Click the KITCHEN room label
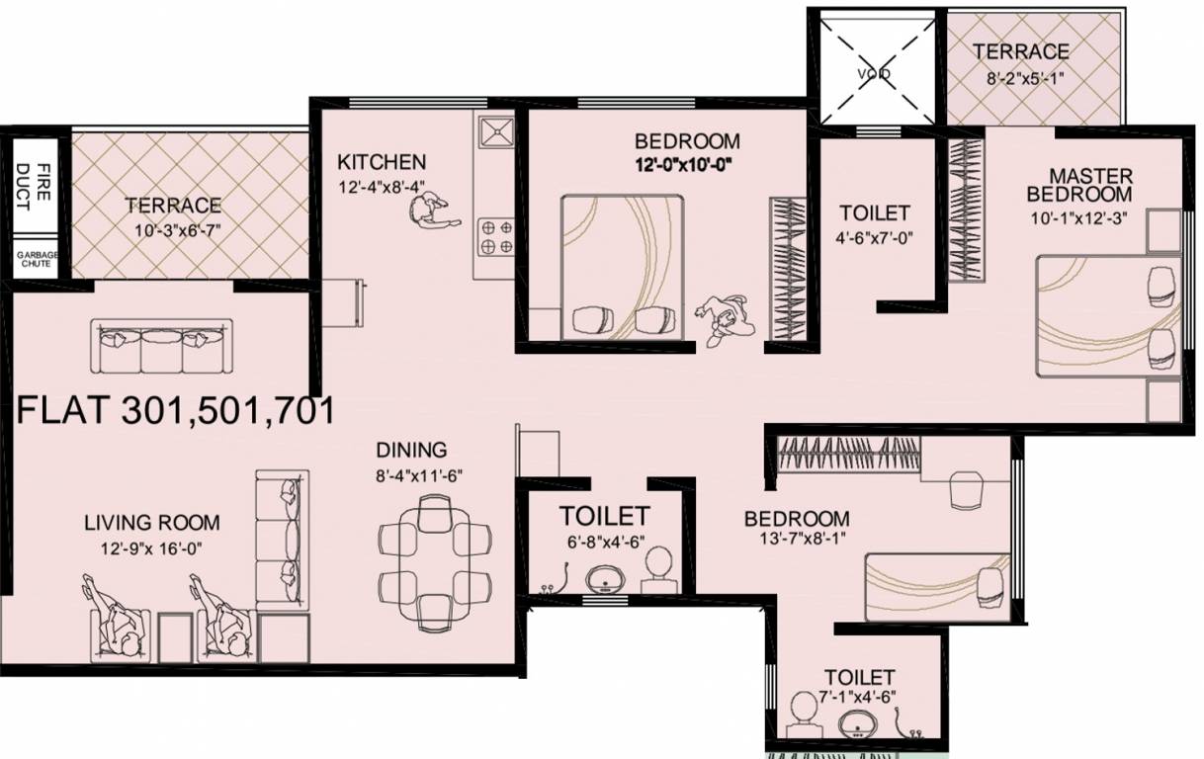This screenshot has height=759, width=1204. click(x=382, y=162)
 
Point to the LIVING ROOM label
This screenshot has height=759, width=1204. click(x=151, y=522)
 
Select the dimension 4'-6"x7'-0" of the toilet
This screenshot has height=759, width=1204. click(x=874, y=238)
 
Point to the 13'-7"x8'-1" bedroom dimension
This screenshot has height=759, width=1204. click(x=797, y=541)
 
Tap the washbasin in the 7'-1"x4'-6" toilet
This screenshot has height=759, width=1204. click(x=857, y=721)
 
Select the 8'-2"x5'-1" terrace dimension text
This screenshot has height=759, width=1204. click(x=1021, y=77)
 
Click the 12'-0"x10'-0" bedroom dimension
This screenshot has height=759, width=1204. click(x=687, y=164)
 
